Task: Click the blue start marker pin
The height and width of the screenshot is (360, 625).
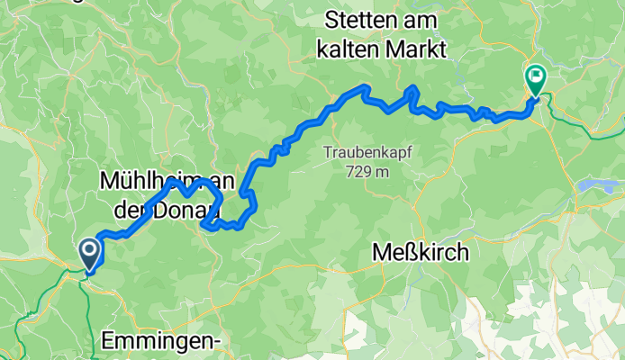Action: (90, 253)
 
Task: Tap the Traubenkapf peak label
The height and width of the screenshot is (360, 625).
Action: (367, 153)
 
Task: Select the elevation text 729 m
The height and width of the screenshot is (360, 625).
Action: (367, 171)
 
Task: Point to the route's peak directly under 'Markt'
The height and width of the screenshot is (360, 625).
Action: (412, 89)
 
